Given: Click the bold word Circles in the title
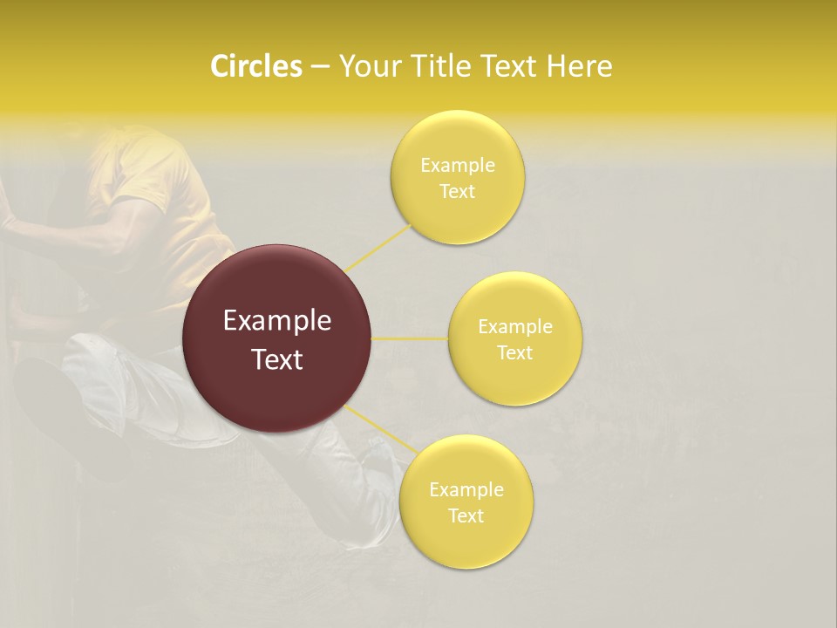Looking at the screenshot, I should pyautogui.click(x=256, y=66).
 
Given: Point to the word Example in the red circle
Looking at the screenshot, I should pyautogui.click(x=277, y=321).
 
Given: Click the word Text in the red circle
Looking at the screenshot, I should pyautogui.click(x=277, y=359).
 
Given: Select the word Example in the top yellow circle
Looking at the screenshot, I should pyautogui.click(x=457, y=166).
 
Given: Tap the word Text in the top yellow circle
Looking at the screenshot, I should pyautogui.click(x=457, y=192).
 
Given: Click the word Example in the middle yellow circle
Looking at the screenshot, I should pyautogui.click(x=514, y=327).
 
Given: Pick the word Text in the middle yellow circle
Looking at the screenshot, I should pyautogui.click(x=514, y=353).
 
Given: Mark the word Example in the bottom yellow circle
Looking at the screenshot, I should pyautogui.click(x=466, y=490).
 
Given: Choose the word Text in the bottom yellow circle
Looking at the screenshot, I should pyautogui.click(x=466, y=516).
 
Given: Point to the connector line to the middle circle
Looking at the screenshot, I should pyautogui.click(x=410, y=338).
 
